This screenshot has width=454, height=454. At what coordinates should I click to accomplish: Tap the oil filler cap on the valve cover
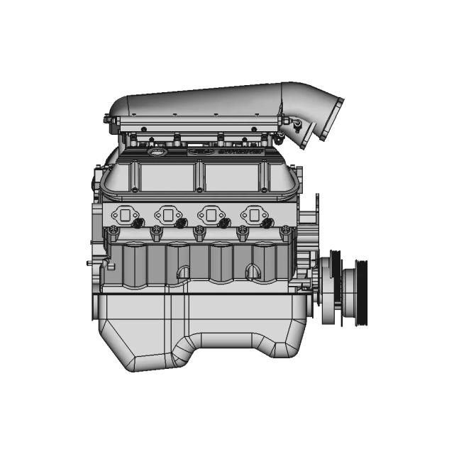point(155,153)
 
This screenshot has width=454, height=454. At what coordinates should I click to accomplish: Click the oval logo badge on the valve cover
point(199,151)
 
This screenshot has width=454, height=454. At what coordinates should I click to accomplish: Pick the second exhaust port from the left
point(169,213)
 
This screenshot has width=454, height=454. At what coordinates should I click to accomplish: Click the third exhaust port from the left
point(211,213)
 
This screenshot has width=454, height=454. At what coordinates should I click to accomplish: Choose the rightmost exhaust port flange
point(254,213)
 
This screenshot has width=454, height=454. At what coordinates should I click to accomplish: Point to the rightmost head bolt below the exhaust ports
point(285,232)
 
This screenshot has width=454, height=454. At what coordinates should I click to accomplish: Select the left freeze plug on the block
point(183,272)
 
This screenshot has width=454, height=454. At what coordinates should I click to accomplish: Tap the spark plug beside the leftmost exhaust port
point(138,223)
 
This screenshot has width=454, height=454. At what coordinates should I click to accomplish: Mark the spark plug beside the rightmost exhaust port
point(268,223)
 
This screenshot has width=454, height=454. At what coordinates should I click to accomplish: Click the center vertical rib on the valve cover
point(201,177)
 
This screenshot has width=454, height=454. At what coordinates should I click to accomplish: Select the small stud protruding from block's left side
point(91,262)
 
